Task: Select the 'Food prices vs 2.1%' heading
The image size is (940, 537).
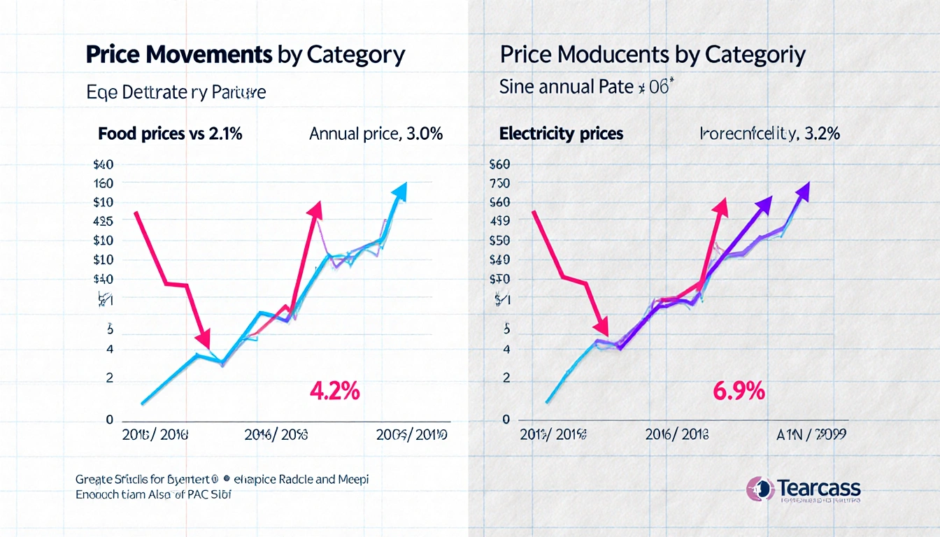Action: click(170, 134)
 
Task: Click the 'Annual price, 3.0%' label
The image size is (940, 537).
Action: click(376, 134)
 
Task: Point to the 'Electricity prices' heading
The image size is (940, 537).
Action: click(561, 134)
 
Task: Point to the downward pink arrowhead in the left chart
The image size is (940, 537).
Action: click(203, 340)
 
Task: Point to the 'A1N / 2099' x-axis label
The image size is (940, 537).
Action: click(812, 434)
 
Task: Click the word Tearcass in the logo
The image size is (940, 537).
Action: click(820, 487)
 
